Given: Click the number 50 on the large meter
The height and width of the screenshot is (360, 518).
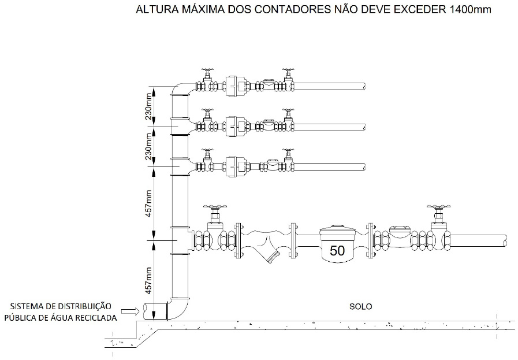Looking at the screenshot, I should point(337,250).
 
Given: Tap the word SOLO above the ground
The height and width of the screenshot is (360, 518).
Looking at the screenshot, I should point(361,306).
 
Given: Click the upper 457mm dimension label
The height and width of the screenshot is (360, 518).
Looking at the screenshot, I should point(148,202).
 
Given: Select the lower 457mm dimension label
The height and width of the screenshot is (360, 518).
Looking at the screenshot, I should point(148,278).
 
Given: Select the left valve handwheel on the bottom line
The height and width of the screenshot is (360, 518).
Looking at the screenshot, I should point(215,206).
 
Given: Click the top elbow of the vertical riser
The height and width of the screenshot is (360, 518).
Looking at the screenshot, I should point(181,90).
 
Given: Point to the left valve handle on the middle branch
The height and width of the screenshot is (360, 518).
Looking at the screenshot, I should point(206,111).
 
